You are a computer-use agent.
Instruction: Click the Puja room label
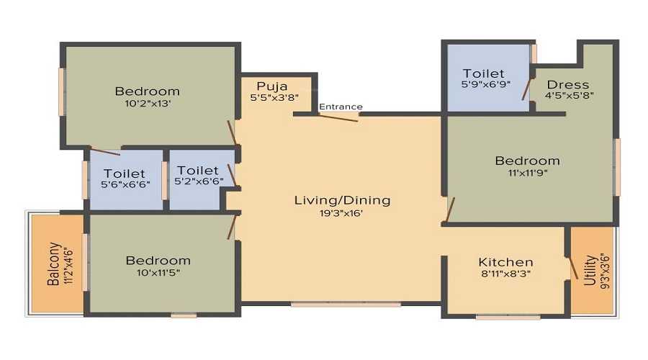pos(271,86)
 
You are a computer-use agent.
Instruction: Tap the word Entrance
pos(341,107)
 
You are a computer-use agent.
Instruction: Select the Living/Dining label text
pos(342,200)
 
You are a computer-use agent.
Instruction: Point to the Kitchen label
pos(505,262)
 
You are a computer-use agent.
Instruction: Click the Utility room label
pos(590,270)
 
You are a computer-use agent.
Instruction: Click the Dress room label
pos(567,84)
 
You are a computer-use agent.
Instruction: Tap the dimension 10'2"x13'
pos(147,103)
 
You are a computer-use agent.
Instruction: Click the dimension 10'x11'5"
pos(158,272)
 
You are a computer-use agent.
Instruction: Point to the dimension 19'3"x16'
pos(342,212)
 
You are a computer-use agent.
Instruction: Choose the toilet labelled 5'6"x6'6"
pos(124,180)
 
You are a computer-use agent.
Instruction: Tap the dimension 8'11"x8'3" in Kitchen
pos(505,274)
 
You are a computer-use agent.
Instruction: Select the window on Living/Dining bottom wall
pos(346,305)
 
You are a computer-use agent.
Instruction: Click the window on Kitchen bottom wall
pos(508,316)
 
